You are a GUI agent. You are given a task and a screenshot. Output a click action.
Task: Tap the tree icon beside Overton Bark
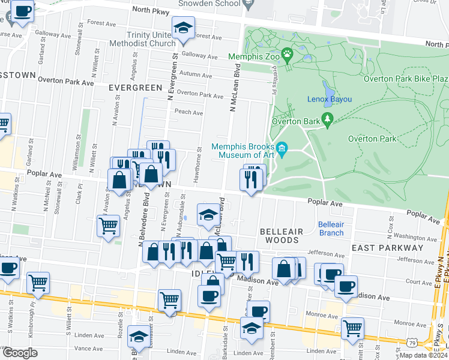click(328, 120)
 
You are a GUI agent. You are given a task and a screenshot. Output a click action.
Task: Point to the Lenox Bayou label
click(330, 99)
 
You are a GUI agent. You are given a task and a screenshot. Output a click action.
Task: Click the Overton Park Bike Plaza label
click(406, 79)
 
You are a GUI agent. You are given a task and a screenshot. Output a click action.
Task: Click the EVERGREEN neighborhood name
click(136, 88)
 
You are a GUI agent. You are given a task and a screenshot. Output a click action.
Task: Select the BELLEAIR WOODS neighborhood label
click(279, 235)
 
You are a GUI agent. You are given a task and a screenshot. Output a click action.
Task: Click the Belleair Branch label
click(331, 229)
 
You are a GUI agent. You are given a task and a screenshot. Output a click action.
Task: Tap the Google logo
click(19, 353)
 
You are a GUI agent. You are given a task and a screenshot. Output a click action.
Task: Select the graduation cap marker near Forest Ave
click(184, 28)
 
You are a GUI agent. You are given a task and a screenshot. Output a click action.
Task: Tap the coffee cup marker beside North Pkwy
click(22, 11)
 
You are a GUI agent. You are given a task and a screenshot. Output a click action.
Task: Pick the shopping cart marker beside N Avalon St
click(108, 226)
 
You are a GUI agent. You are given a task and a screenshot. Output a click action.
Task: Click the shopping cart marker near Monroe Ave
click(352, 328)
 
